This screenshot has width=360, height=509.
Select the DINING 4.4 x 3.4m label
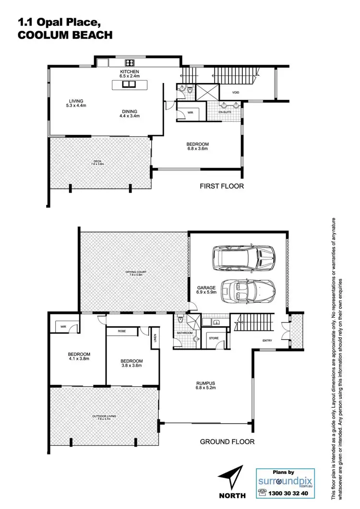point(130,113)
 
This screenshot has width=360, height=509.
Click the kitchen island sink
point(128,85)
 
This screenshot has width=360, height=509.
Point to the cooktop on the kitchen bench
point(130,62)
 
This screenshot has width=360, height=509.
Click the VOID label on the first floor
point(236,92)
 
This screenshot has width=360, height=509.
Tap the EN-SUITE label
point(225,111)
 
